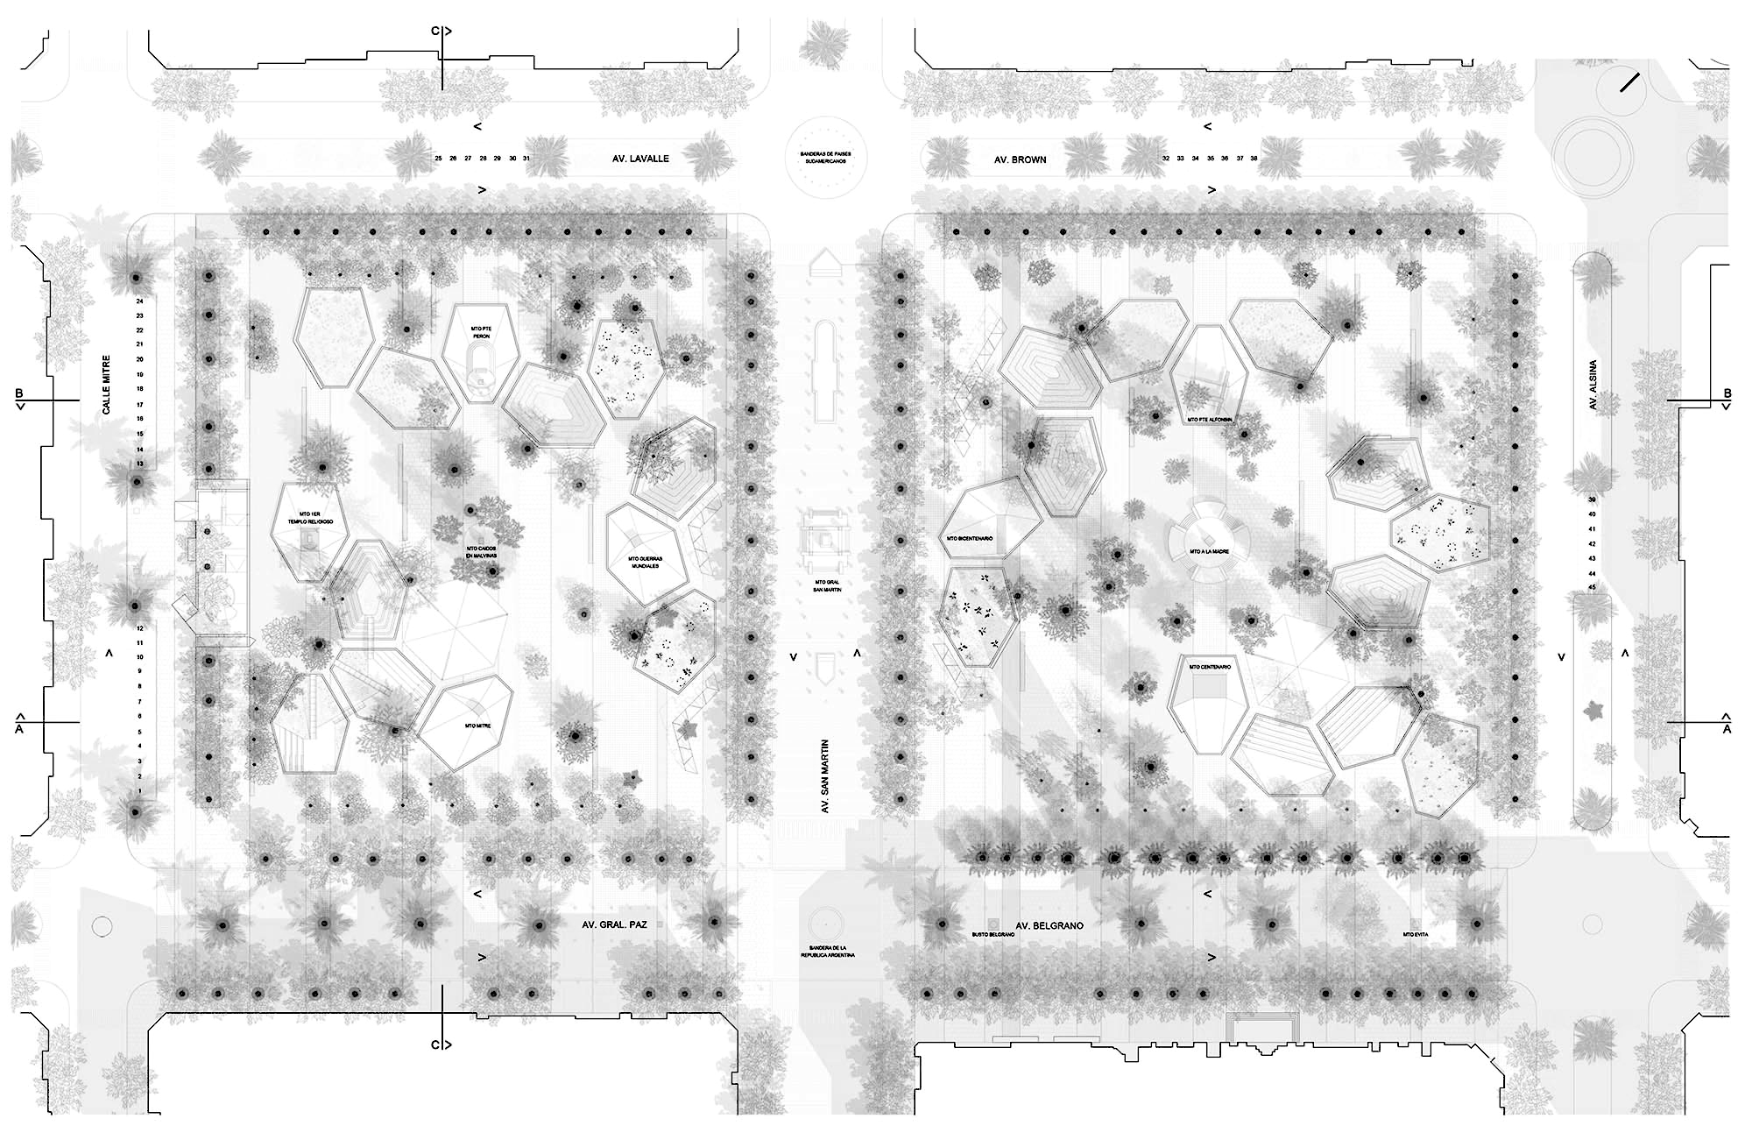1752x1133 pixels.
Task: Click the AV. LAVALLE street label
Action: (640, 159)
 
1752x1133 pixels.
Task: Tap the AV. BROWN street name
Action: (1020, 159)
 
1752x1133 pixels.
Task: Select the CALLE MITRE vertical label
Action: (107, 385)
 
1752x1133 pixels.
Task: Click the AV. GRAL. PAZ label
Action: (614, 924)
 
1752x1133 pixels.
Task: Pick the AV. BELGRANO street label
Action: (1049, 925)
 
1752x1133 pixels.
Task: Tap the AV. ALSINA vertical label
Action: (1593, 385)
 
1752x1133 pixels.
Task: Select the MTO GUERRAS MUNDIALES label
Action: (645, 562)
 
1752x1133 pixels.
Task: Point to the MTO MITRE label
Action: (477, 726)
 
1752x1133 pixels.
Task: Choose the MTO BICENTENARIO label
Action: (969, 539)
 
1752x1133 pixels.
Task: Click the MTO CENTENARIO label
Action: (1210, 667)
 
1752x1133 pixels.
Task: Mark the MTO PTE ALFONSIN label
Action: (1210, 420)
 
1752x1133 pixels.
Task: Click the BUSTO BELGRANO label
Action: (993, 935)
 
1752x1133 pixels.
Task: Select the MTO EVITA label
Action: (1415, 935)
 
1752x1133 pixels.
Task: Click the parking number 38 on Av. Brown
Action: (1254, 159)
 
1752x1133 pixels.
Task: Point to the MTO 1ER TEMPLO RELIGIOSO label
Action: (312, 517)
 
